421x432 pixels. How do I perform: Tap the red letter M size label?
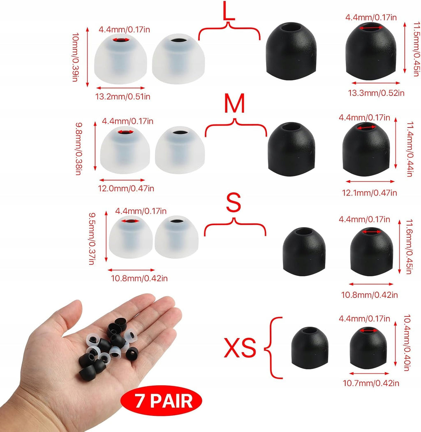[x=234, y=103]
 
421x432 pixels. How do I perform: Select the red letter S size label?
[x=234, y=202]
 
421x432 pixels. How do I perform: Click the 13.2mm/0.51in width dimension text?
[x=123, y=97]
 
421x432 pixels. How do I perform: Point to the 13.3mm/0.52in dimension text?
[x=376, y=93]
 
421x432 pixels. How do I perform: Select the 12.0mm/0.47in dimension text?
[x=126, y=188]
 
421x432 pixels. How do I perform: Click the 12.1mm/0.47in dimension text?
[x=370, y=193]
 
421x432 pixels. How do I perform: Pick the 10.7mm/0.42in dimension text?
[x=371, y=383]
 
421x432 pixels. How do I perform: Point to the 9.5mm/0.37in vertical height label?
[x=92, y=239]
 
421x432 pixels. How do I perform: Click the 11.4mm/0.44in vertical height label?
[x=410, y=149]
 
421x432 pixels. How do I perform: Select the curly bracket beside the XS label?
[x=273, y=348]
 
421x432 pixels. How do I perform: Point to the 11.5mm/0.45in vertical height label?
[x=416, y=49]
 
